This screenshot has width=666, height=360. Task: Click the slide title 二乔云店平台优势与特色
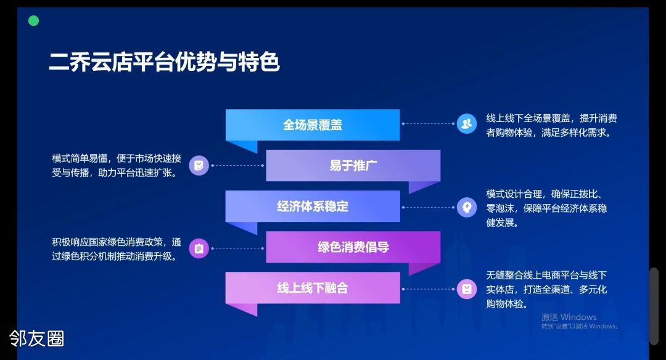(164, 62)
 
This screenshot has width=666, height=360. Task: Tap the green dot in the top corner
(33, 20)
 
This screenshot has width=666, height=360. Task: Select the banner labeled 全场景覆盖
(313, 125)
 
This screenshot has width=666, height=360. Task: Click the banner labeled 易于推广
(353, 165)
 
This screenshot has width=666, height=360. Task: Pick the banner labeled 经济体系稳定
(313, 207)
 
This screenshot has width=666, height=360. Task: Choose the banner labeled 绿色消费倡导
(353, 247)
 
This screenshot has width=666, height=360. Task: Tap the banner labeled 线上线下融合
(313, 288)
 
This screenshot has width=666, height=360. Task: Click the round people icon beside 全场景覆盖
(467, 123)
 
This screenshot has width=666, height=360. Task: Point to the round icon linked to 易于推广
(199, 165)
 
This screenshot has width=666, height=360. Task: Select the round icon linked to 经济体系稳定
(467, 207)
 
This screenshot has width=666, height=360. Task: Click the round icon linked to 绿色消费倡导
(199, 248)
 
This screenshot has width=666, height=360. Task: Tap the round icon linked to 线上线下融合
(467, 289)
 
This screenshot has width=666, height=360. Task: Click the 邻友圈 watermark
(37, 339)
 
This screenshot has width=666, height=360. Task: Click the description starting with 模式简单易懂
(117, 166)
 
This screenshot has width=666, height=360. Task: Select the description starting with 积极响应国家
(117, 249)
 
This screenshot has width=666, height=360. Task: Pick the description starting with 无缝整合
(546, 290)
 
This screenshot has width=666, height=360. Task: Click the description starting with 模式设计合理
(546, 208)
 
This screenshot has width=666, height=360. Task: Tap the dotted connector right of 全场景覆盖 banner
(428, 123)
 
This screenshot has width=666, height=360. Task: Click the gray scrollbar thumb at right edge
(654, 306)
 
